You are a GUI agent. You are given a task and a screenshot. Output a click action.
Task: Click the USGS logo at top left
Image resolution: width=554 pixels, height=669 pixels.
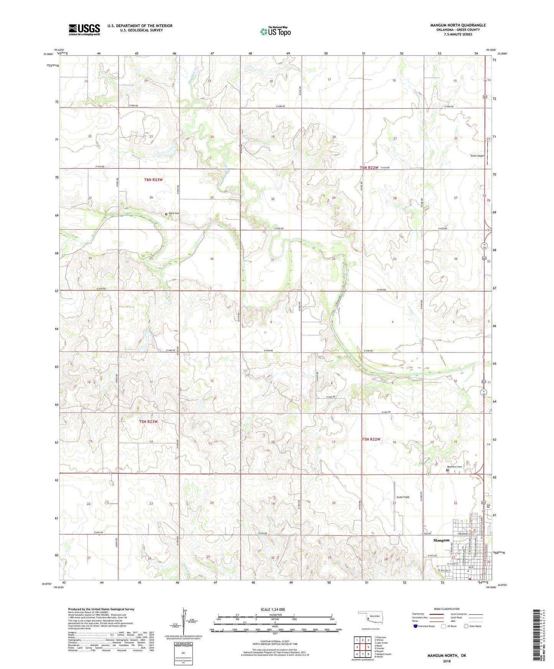pos(84,30)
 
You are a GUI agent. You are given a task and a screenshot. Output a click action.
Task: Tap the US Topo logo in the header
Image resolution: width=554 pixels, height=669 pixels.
pos(275,31)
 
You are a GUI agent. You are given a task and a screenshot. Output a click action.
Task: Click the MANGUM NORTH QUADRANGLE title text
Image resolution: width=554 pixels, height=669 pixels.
pos(458,25)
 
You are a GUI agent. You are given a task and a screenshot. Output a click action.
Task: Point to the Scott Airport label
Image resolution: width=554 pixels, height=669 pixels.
pos(477,156)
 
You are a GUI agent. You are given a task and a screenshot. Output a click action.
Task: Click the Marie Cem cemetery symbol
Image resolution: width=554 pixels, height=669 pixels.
pos(166,214)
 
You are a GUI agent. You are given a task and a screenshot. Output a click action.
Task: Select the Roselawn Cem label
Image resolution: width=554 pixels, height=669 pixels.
pos(454,467)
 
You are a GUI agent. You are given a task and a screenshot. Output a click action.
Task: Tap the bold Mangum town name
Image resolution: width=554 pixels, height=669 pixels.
pos(441,540)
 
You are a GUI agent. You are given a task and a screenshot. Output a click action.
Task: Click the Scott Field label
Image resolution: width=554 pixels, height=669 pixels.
pos(403,497)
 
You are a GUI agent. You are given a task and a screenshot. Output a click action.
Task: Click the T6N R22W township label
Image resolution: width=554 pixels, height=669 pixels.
pos(369,168)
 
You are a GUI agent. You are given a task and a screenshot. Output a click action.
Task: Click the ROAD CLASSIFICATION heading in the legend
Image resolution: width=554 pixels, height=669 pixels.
pos(447,609)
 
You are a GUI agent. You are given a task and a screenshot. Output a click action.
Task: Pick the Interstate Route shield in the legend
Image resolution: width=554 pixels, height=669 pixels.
pos(416,626)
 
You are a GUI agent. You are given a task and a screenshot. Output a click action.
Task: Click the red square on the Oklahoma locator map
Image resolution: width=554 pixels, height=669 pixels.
pos(368,618)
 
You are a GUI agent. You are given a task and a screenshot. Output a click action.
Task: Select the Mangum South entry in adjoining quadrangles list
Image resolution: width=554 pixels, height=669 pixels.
pos(384,654)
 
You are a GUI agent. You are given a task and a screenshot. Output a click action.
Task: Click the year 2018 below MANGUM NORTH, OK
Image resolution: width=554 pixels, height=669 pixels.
pos(447,661)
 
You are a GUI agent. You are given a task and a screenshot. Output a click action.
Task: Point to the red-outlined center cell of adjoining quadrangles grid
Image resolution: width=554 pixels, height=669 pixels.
pos(362,647)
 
